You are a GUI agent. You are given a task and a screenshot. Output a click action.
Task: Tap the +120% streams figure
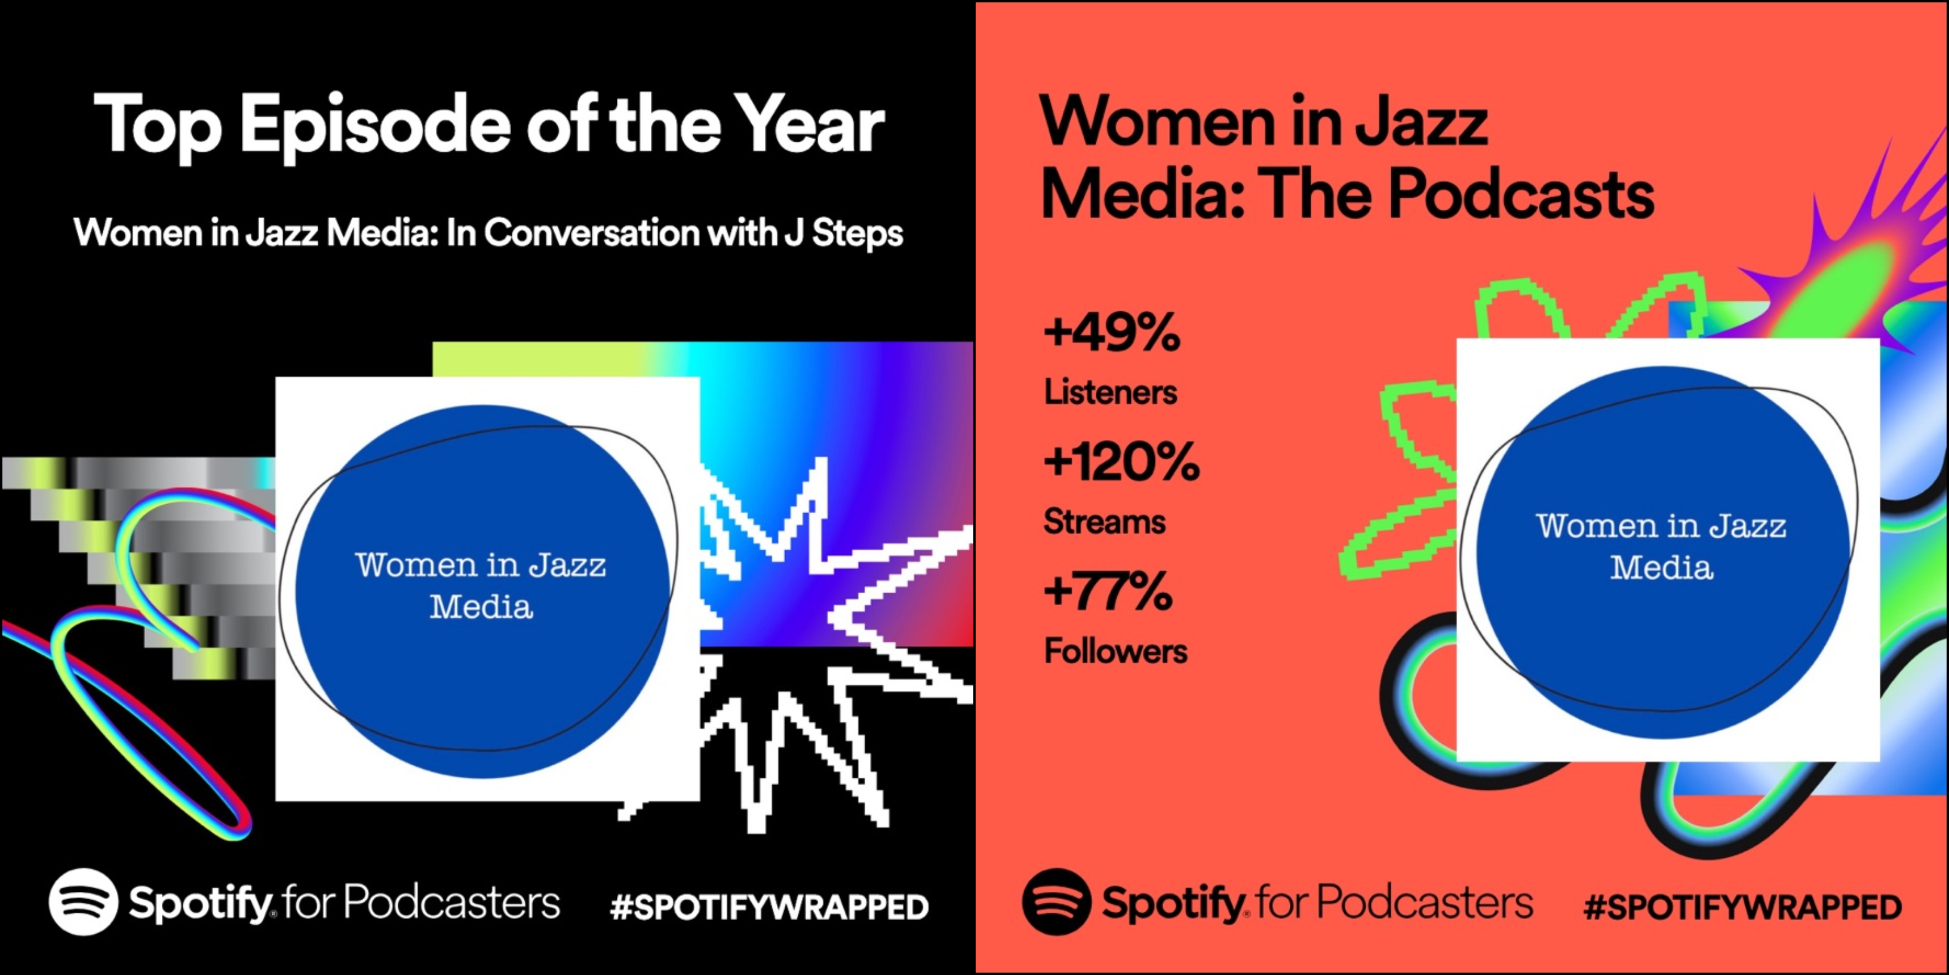(1121, 462)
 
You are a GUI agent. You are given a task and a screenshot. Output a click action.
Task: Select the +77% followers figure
(1108, 591)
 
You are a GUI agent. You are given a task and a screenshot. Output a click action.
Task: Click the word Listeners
(1111, 392)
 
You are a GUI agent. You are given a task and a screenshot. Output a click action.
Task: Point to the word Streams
(1105, 522)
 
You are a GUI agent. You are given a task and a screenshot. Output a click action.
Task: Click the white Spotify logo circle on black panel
(83, 902)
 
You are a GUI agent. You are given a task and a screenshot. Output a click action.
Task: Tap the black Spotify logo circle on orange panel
(1056, 902)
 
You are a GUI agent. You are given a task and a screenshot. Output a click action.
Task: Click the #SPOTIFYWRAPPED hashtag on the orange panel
(1742, 907)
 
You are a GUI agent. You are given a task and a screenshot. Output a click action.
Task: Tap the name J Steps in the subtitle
(844, 233)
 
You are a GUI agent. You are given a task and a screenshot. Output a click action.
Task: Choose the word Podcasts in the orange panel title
(1522, 195)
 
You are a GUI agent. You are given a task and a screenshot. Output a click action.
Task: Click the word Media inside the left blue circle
(481, 606)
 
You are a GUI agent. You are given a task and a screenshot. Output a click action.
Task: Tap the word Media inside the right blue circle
(1662, 567)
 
